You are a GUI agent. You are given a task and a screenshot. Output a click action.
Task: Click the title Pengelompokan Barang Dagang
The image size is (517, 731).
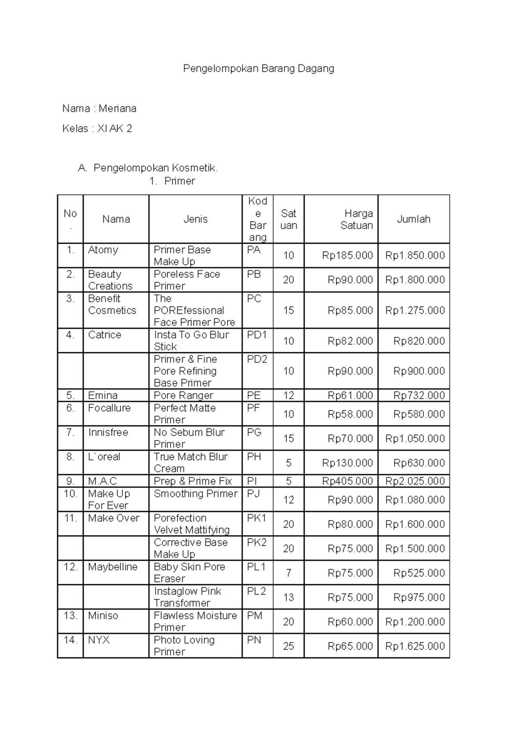pyautogui.click(x=258, y=68)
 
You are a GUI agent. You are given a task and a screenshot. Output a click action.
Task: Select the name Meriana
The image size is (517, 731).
pyautogui.click(x=117, y=108)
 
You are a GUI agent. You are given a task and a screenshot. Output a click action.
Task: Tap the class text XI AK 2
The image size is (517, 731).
pyautogui.click(x=115, y=128)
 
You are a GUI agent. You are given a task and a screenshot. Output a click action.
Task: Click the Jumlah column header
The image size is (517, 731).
pyautogui.click(x=414, y=219)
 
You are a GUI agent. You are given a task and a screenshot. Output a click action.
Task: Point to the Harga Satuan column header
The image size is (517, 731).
pyautogui.click(x=356, y=219)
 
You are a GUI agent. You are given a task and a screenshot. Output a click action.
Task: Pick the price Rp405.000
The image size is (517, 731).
pyautogui.click(x=348, y=481)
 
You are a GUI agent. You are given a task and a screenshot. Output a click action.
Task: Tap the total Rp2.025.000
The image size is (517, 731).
pyautogui.click(x=415, y=481)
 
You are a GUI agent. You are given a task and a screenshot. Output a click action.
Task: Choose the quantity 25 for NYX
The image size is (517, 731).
pyautogui.click(x=288, y=646)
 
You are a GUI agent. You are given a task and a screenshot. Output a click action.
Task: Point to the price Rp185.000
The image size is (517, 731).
pyautogui.click(x=348, y=255)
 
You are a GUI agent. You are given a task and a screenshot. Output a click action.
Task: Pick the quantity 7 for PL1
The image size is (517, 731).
pyautogui.click(x=288, y=573)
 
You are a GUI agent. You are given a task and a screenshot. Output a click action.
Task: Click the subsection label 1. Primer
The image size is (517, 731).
pyautogui.click(x=172, y=181)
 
